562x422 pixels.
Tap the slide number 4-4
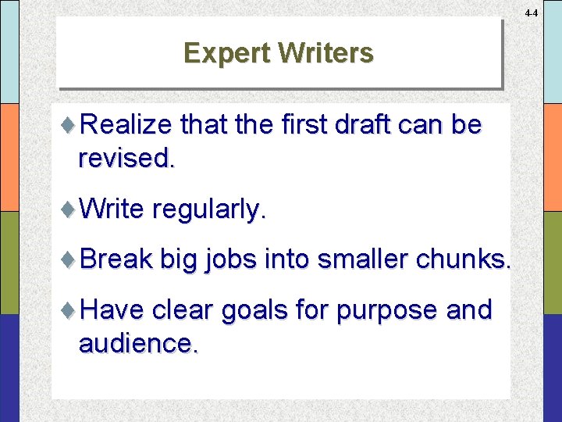click(x=532, y=13)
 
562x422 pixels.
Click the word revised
click(x=126, y=159)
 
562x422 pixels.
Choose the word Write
click(x=112, y=209)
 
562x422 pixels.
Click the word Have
click(x=112, y=309)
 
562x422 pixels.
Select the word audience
click(x=137, y=343)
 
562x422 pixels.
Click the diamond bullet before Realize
click(x=69, y=125)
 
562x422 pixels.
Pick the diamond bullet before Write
click(x=69, y=209)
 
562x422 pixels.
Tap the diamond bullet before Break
click(x=69, y=259)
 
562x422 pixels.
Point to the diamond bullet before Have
click(x=69, y=309)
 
